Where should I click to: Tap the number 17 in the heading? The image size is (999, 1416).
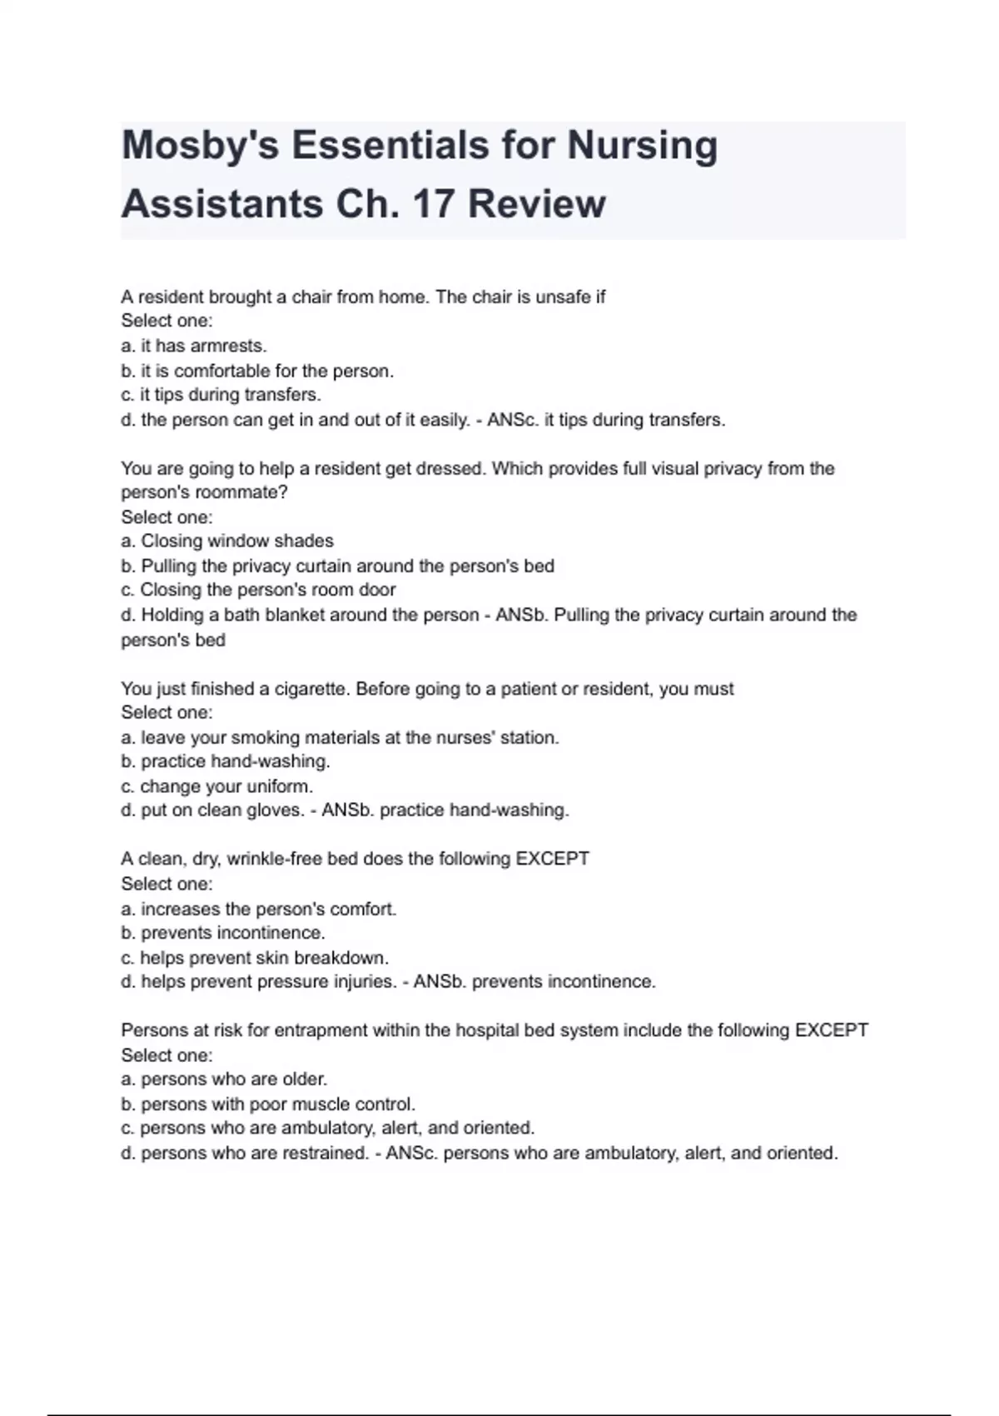tap(434, 204)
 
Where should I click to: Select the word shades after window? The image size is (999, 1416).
tap(304, 541)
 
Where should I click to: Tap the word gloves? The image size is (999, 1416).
tap(276, 810)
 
